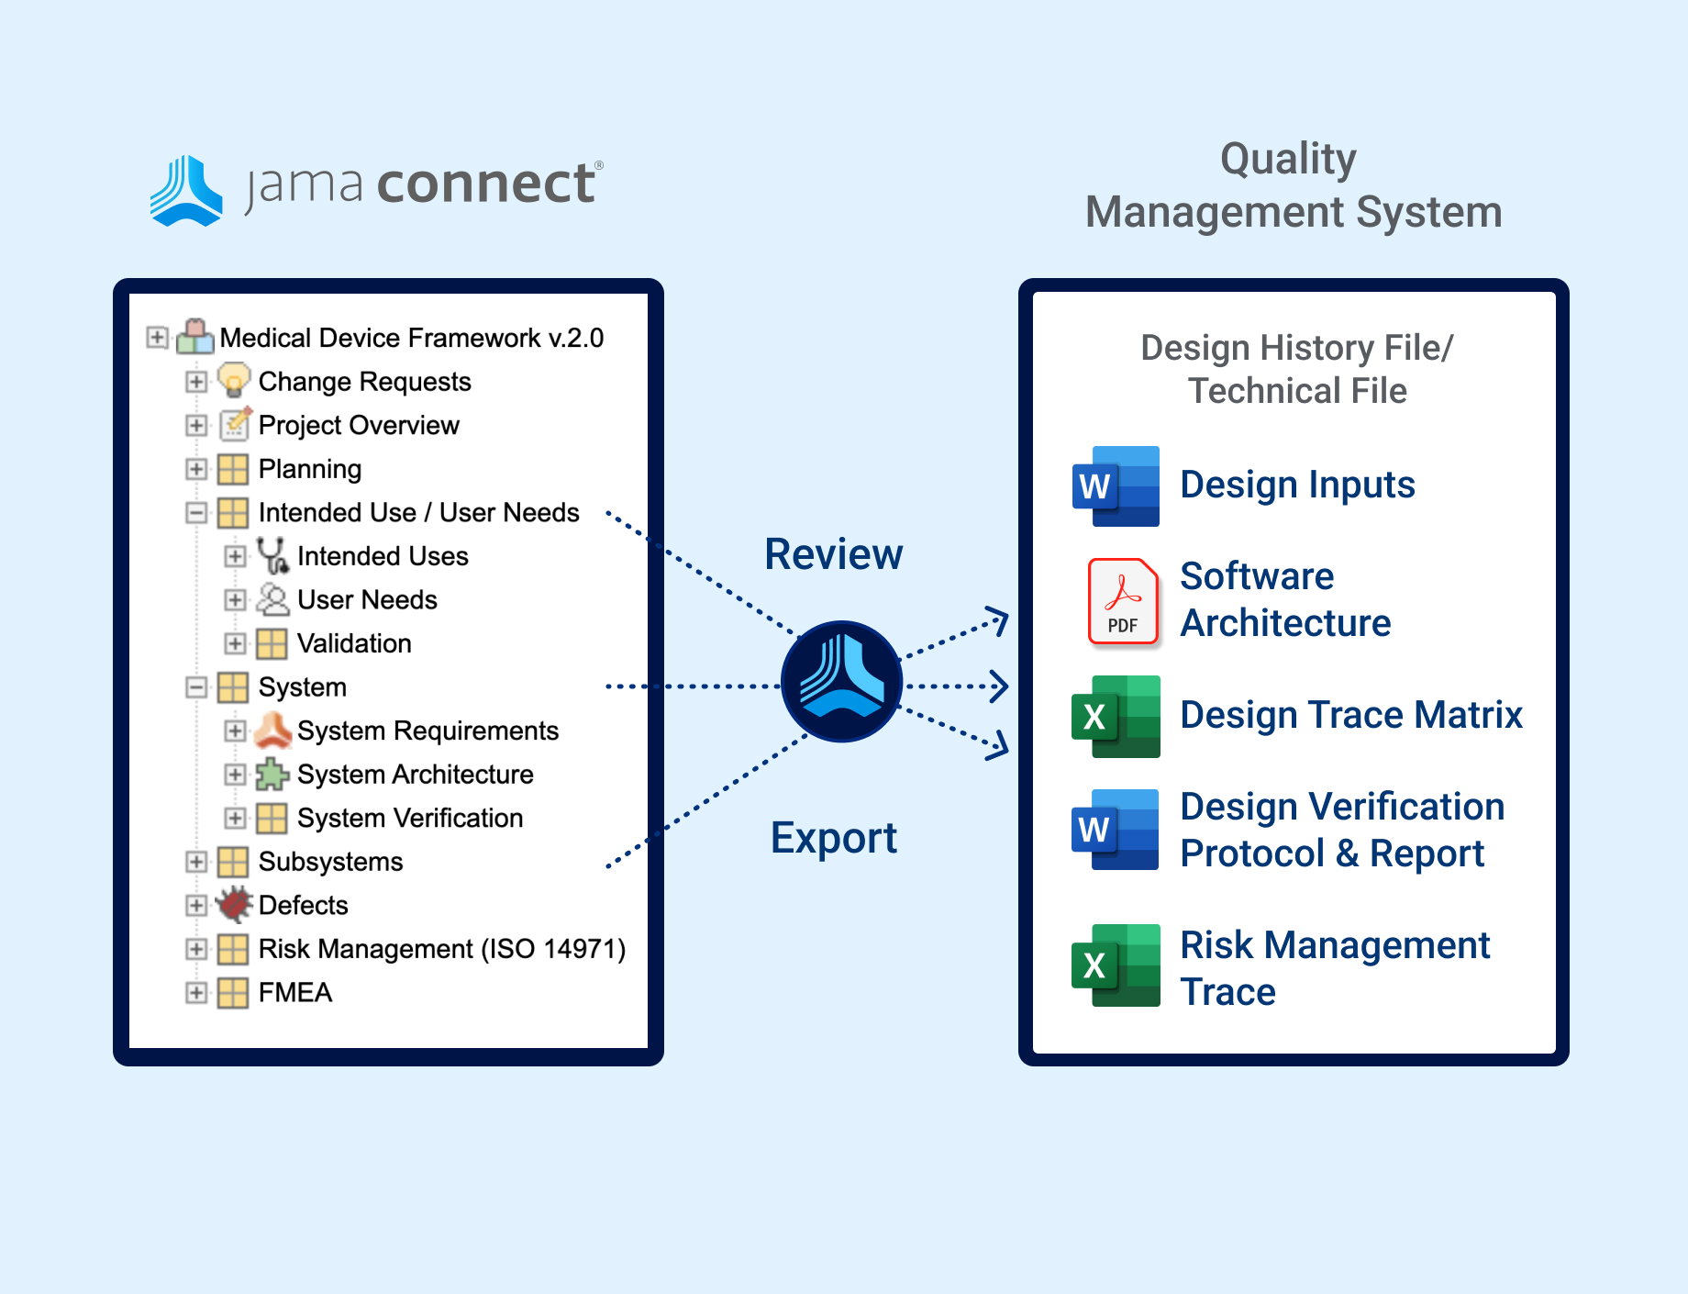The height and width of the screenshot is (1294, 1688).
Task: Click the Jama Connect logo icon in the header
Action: tap(186, 190)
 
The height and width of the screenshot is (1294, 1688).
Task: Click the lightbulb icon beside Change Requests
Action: tap(234, 380)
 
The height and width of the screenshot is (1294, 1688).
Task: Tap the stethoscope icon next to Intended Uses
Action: tap(272, 555)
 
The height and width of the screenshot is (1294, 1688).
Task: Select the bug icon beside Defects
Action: tap(234, 905)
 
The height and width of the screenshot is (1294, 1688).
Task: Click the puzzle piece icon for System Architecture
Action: tap(272, 775)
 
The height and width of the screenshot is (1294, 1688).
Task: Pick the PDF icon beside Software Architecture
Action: tap(1123, 601)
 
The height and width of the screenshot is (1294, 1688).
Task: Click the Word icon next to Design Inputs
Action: tap(1116, 486)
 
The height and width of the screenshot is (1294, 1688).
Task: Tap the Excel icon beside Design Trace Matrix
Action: tap(1116, 717)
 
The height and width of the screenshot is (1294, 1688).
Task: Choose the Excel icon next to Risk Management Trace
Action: tap(1116, 965)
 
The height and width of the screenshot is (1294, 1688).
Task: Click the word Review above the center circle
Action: tap(834, 554)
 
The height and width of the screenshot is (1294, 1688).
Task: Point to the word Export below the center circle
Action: tap(834, 838)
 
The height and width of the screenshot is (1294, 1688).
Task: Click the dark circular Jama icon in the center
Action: tap(841, 682)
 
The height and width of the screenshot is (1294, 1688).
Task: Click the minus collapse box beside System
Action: tap(196, 687)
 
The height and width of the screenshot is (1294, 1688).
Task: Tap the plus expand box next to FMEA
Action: tap(196, 992)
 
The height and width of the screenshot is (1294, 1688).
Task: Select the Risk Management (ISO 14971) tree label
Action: tap(442, 949)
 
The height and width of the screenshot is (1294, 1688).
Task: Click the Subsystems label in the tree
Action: tap(330, 862)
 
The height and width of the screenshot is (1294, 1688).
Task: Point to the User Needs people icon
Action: tap(272, 599)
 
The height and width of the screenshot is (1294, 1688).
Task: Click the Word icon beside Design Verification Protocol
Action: tap(1116, 830)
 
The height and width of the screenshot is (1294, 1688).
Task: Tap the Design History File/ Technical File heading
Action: tap(1297, 369)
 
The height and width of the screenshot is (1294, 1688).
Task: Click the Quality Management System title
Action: tap(1294, 185)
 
